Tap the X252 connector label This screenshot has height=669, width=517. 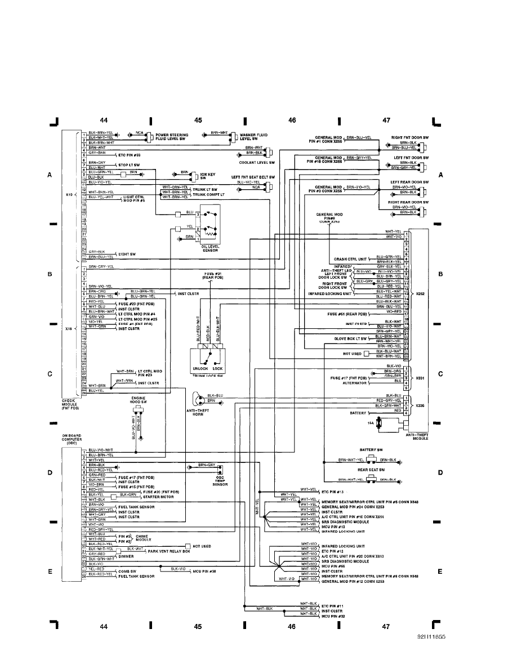(421, 294)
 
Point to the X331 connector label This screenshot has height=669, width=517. (420, 378)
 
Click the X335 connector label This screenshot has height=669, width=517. (420, 405)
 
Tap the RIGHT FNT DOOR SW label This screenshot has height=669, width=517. (410, 137)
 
